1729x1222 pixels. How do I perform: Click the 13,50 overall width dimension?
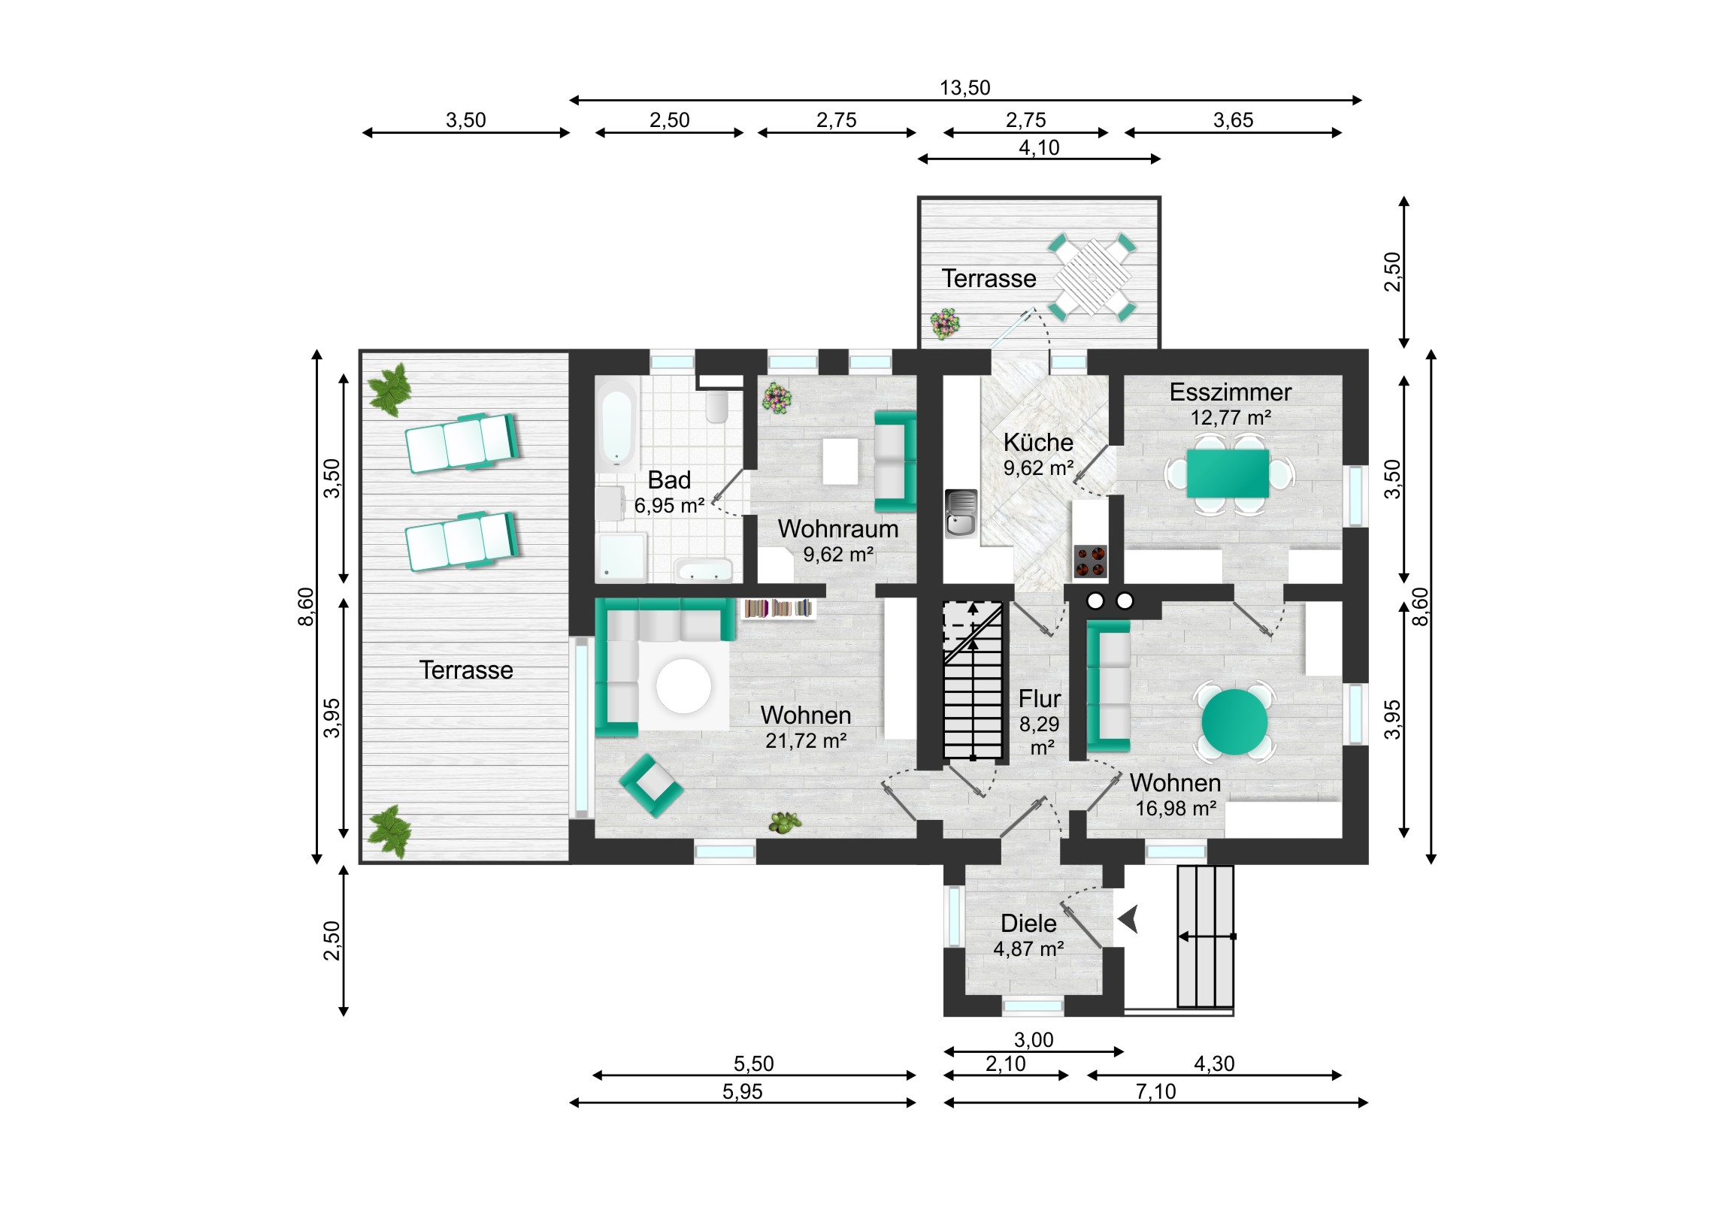click(x=964, y=88)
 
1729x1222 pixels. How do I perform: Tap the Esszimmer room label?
click(x=1230, y=392)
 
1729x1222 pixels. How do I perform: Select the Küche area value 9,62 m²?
click(x=1037, y=467)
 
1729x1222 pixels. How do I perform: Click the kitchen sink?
click(x=961, y=513)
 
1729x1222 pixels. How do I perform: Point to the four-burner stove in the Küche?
click(x=1091, y=561)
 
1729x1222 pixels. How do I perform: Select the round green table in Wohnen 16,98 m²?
click(x=1234, y=721)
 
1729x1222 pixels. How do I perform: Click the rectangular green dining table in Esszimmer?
click(x=1228, y=473)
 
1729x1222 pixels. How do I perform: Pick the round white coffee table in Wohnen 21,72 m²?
click(x=684, y=686)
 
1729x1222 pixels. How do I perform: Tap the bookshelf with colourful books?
click(x=778, y=608)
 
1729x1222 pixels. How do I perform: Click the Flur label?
click(x=1039, y=699)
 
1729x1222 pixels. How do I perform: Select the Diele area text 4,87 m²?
click(x=1028, y=948)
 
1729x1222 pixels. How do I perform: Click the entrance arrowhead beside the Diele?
click(x=1128, y=920)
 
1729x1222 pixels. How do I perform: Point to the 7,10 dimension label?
click(x=1155, y=1091)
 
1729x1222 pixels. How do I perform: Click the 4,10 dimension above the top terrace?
click(x=1038, y=147)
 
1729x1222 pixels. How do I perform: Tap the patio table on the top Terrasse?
click(x=1092, y=277)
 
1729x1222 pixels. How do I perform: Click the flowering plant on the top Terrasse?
click(x=945, y=323)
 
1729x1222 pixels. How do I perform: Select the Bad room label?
click(x=669, y=480)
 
